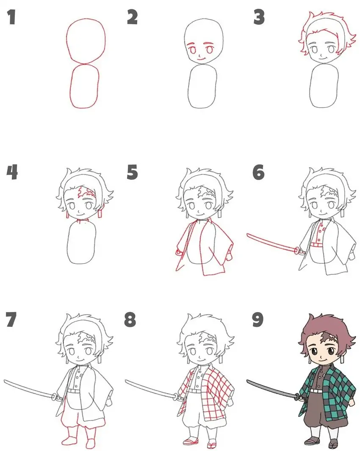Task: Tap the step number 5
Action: pyautogui.click(x=133, y=172)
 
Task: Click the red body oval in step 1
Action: pyautogui.click(x=85, y=86)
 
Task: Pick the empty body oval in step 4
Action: pyautogui.click(x=82, y=243)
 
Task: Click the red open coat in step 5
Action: pyautogui.click(x=220, y=246)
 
